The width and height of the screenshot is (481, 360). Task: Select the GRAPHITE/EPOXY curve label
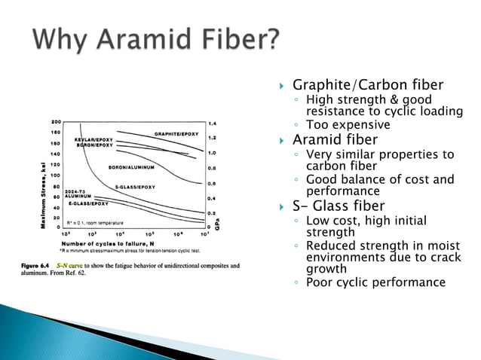(176, 133)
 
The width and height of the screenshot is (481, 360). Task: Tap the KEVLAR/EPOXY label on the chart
(94, 139)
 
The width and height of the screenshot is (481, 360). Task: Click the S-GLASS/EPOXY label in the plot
(135, 186)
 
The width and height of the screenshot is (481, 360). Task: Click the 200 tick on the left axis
(57, 122)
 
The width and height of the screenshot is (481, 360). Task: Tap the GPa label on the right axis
(216, 224)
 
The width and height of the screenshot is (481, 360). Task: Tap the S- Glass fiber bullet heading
(339, 206)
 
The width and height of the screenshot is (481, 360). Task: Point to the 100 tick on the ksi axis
(57, 175)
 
